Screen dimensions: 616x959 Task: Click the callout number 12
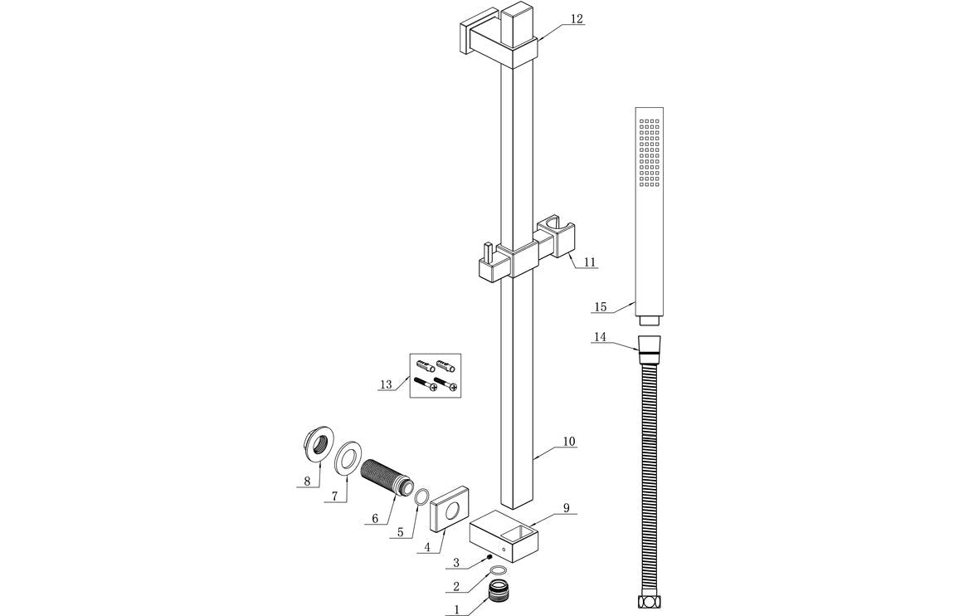point(577,18)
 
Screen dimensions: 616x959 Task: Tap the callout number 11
point(590,262)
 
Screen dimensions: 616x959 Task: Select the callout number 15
point(600,307)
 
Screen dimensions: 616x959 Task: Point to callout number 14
point(600,336)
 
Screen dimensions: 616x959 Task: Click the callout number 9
point(567,508)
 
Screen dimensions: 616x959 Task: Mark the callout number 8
point(307,480)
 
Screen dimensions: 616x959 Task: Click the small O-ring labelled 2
point(499,571)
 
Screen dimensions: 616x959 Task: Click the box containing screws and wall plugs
point(436,375)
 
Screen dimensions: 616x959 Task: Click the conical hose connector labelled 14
point(650,348)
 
